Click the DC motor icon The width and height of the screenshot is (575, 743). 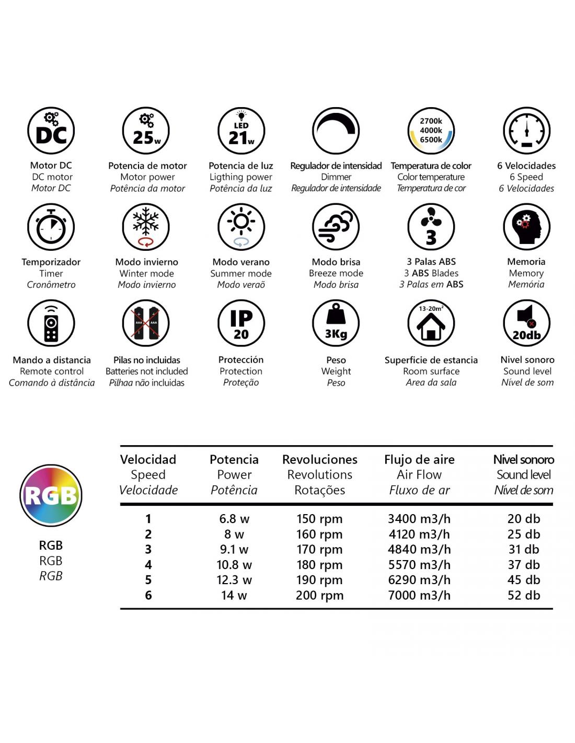click(x=51, y=131)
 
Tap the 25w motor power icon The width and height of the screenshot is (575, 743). click(x=146, y=131)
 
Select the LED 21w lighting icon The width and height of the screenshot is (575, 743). click(x=241, y=131)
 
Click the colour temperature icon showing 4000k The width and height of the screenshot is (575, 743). click(x=431, y=131)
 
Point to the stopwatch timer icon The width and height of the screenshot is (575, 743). click(x=51, y=227)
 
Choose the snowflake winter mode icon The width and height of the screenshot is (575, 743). click(x=146, y=227)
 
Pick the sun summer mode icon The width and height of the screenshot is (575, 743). click(x=241, y=227)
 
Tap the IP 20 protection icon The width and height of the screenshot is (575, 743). click(x=241, y=323)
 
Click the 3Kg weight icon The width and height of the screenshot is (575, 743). click(x=336, y=323)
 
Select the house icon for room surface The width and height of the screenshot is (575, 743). click(x=431, y=323)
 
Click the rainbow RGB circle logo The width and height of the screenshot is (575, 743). click(x=51, y=495)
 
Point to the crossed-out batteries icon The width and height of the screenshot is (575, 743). click(x=146, y=323)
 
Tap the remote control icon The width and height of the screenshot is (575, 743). click(x=51, y=323)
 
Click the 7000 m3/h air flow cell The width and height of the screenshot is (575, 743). click(x=419, y=595)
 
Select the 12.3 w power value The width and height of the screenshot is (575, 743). click(x=234, y=580)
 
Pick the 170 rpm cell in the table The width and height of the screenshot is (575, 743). click(x=319, y=550)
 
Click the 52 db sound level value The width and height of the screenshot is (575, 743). click(x=524, y=595)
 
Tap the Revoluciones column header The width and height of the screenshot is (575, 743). click(x=320, y=460)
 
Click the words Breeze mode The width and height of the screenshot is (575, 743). click(x=336, y=273)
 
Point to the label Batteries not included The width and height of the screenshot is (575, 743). click(x=147, y=371)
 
